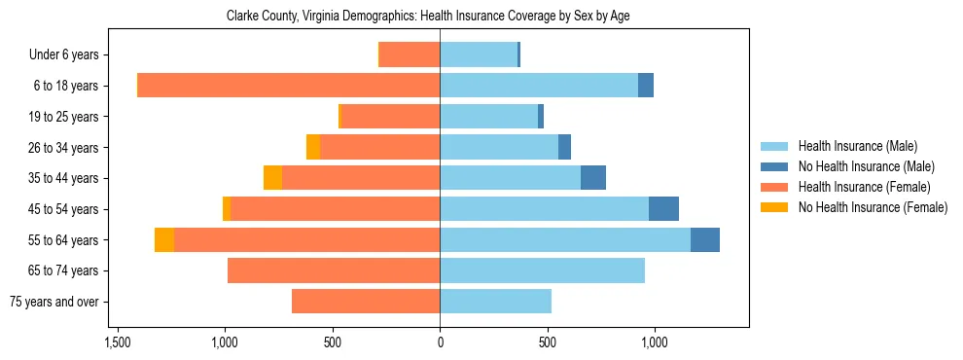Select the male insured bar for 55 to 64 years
coord(565,240)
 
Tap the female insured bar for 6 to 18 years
coord(289,86)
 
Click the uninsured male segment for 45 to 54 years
coord(663,209)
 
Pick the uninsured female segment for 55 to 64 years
coord(164,240)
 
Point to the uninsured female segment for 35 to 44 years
coord(272,178)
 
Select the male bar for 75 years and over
coord(495,302)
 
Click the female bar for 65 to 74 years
coord(334,270)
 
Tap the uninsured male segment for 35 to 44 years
coord(593,178)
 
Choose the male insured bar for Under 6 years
coord(479,54)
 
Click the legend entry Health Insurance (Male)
coord(857,146)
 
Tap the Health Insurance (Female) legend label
coord(864,187)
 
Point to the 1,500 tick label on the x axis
coord(118,342)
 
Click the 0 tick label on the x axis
coord(440,342)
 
